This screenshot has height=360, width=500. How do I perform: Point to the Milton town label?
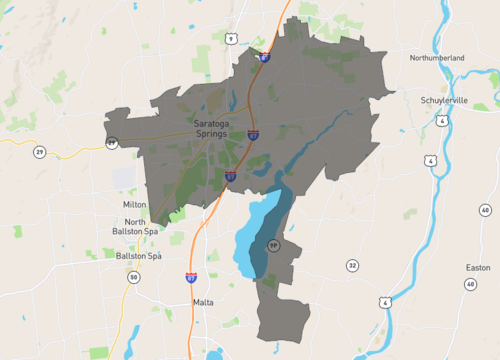click(x=134, y=204)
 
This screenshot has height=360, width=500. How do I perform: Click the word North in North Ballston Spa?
click(x=135, y=221)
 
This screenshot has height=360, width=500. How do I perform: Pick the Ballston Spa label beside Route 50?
click(x=138, y=256)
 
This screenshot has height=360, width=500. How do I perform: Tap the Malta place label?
click(x=203, y=300)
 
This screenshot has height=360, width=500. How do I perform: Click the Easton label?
click(x=478, y=268)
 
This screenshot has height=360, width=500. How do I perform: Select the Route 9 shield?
click(x=231, y=38)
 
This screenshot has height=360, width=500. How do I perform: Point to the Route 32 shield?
click(x=352, y=266)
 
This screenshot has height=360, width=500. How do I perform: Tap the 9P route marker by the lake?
click(x=271, y=244)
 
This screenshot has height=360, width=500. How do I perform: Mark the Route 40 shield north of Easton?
click(x=485, y=211)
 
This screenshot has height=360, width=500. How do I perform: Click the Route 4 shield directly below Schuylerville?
click(x=441, y=120)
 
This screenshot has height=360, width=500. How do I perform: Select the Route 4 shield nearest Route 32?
click(x=384, y=301)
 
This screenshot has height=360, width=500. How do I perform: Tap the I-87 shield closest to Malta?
click(x=191, y=277)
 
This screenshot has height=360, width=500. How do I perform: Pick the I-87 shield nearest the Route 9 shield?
click(x=263, y=57)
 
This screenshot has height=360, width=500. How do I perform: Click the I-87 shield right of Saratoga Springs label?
click(x=253, y=133)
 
